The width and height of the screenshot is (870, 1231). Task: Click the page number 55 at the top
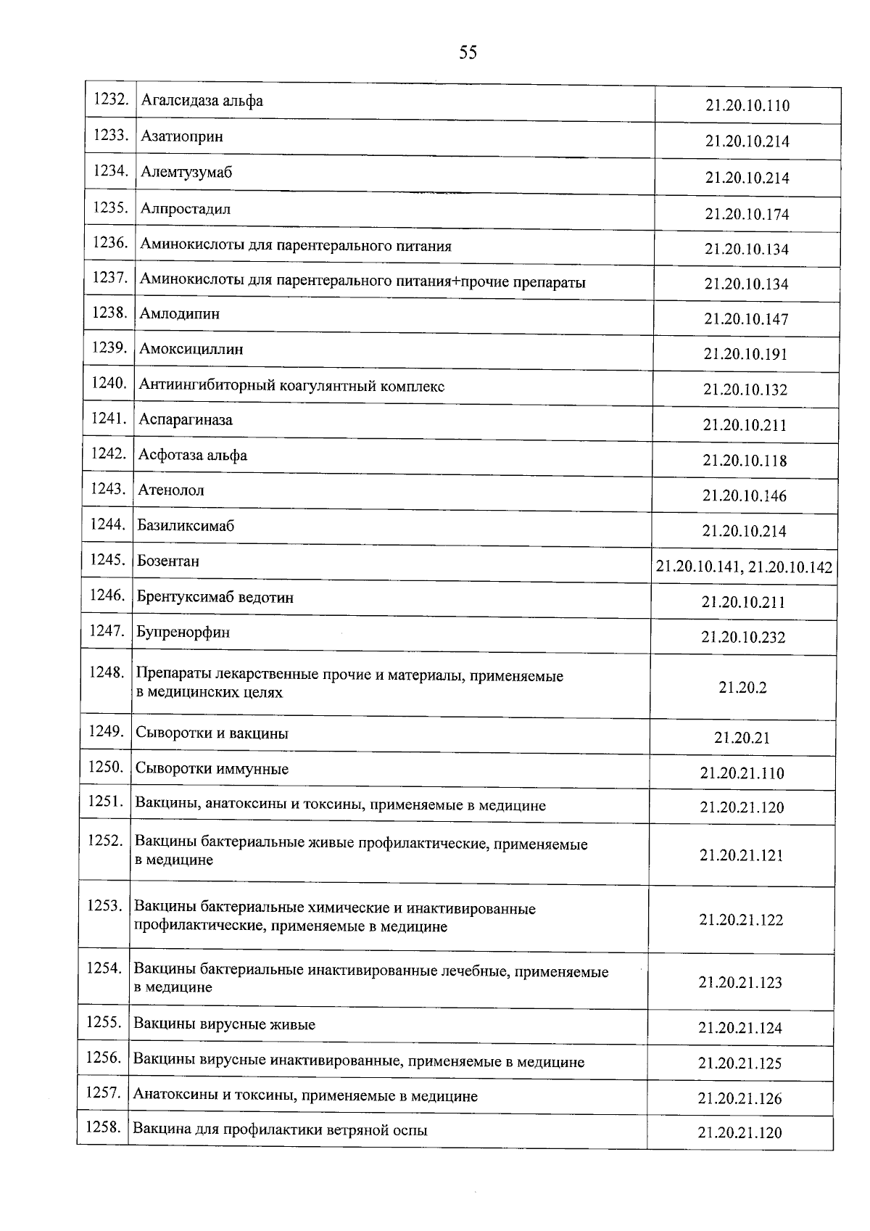[468, 52]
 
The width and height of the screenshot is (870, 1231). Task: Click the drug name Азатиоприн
[182, 136]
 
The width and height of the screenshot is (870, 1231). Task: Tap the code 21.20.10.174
[747, 214]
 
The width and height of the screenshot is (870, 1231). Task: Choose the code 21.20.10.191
[745, 354]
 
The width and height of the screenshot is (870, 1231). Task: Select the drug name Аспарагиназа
[186, 420]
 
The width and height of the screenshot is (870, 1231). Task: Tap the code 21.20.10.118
[745, 461]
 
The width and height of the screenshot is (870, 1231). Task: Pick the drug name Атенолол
[171, 490]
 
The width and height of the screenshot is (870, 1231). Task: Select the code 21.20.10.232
[744, 637]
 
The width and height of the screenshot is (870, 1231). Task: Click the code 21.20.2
[743, 688]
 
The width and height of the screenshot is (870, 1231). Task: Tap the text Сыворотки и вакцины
[212, 733]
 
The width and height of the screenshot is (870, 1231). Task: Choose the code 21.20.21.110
[742, 773]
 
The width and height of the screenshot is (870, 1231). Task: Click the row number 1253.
[104, 905]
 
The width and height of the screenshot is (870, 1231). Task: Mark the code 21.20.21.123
[740, 982]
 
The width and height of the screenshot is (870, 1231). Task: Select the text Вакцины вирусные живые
[225, 1025]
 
